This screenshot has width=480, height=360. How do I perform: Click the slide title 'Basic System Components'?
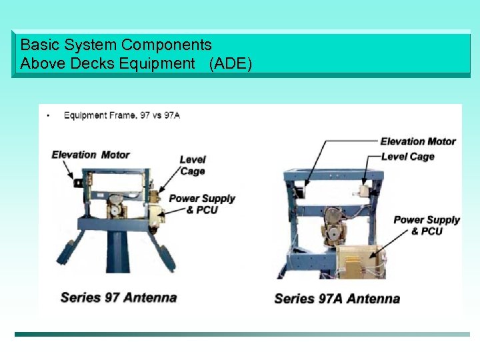116,45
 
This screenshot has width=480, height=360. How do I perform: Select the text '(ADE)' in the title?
231,64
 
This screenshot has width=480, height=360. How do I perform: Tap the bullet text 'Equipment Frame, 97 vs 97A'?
121,115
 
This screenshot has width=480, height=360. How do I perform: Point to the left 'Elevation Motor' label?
91,155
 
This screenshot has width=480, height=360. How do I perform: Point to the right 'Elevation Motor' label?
418,141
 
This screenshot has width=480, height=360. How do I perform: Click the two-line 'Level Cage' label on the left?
193,165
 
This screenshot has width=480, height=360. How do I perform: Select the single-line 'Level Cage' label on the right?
407,157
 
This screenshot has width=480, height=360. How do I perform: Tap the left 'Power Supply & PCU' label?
202,204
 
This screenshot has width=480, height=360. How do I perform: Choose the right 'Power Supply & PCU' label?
427,225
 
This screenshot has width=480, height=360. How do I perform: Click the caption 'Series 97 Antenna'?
119,297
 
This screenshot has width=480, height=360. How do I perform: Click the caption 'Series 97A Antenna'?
337,299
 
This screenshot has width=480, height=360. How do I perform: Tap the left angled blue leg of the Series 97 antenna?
69,253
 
